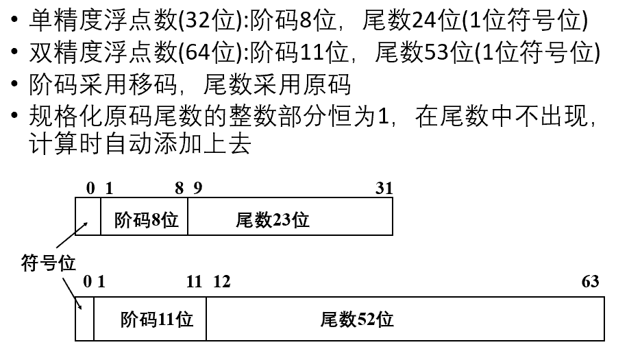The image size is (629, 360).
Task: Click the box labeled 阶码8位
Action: [145, 219]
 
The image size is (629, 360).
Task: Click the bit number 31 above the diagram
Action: [384, 188]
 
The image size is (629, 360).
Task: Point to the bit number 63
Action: [590, 281]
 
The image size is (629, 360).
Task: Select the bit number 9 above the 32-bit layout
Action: [198, 188]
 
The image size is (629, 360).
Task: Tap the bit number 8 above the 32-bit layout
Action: [180, 188]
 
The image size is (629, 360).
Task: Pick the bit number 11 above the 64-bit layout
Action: [195, 281]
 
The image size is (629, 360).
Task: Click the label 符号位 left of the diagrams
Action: [49, 263]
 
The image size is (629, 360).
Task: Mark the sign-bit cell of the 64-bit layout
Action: [84, 319]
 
